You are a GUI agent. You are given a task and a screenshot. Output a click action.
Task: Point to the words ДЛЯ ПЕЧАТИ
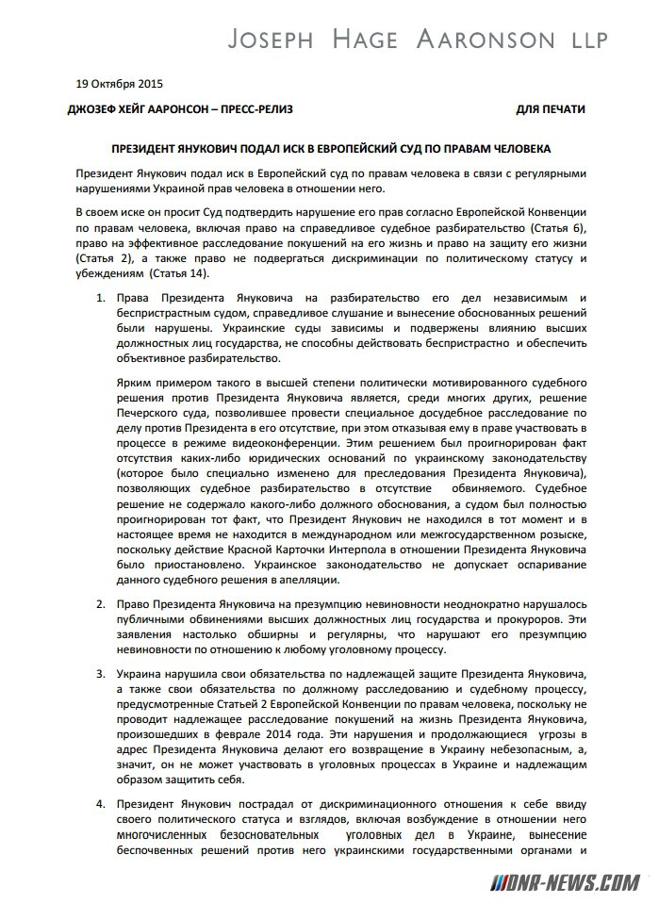[552, 109]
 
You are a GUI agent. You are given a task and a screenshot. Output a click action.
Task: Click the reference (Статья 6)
[553, 228]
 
